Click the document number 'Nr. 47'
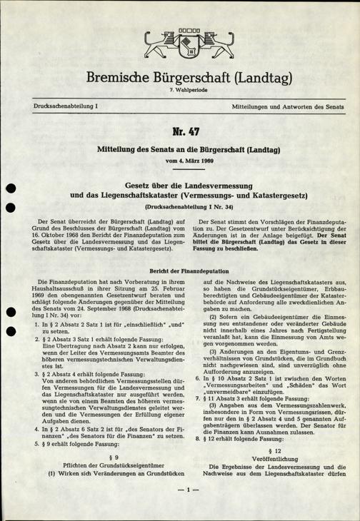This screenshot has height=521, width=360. coord(180,135)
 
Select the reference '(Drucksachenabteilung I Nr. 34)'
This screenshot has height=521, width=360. coord(180,206)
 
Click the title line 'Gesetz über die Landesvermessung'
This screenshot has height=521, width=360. coord(180,182)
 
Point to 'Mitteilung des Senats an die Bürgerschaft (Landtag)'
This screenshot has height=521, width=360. coord(180,151)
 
